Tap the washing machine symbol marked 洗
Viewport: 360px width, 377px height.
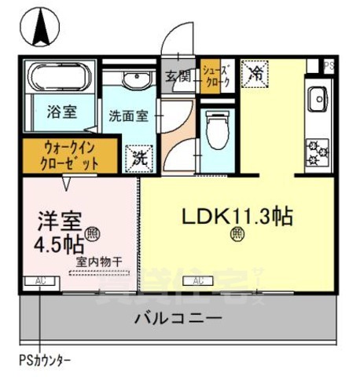138,156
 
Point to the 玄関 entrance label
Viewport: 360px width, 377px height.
178,75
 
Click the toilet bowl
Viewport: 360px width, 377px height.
215,126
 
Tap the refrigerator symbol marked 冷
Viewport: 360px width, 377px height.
255,73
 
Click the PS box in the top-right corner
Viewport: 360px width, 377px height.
329,66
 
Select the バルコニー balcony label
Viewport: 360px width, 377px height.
177,319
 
